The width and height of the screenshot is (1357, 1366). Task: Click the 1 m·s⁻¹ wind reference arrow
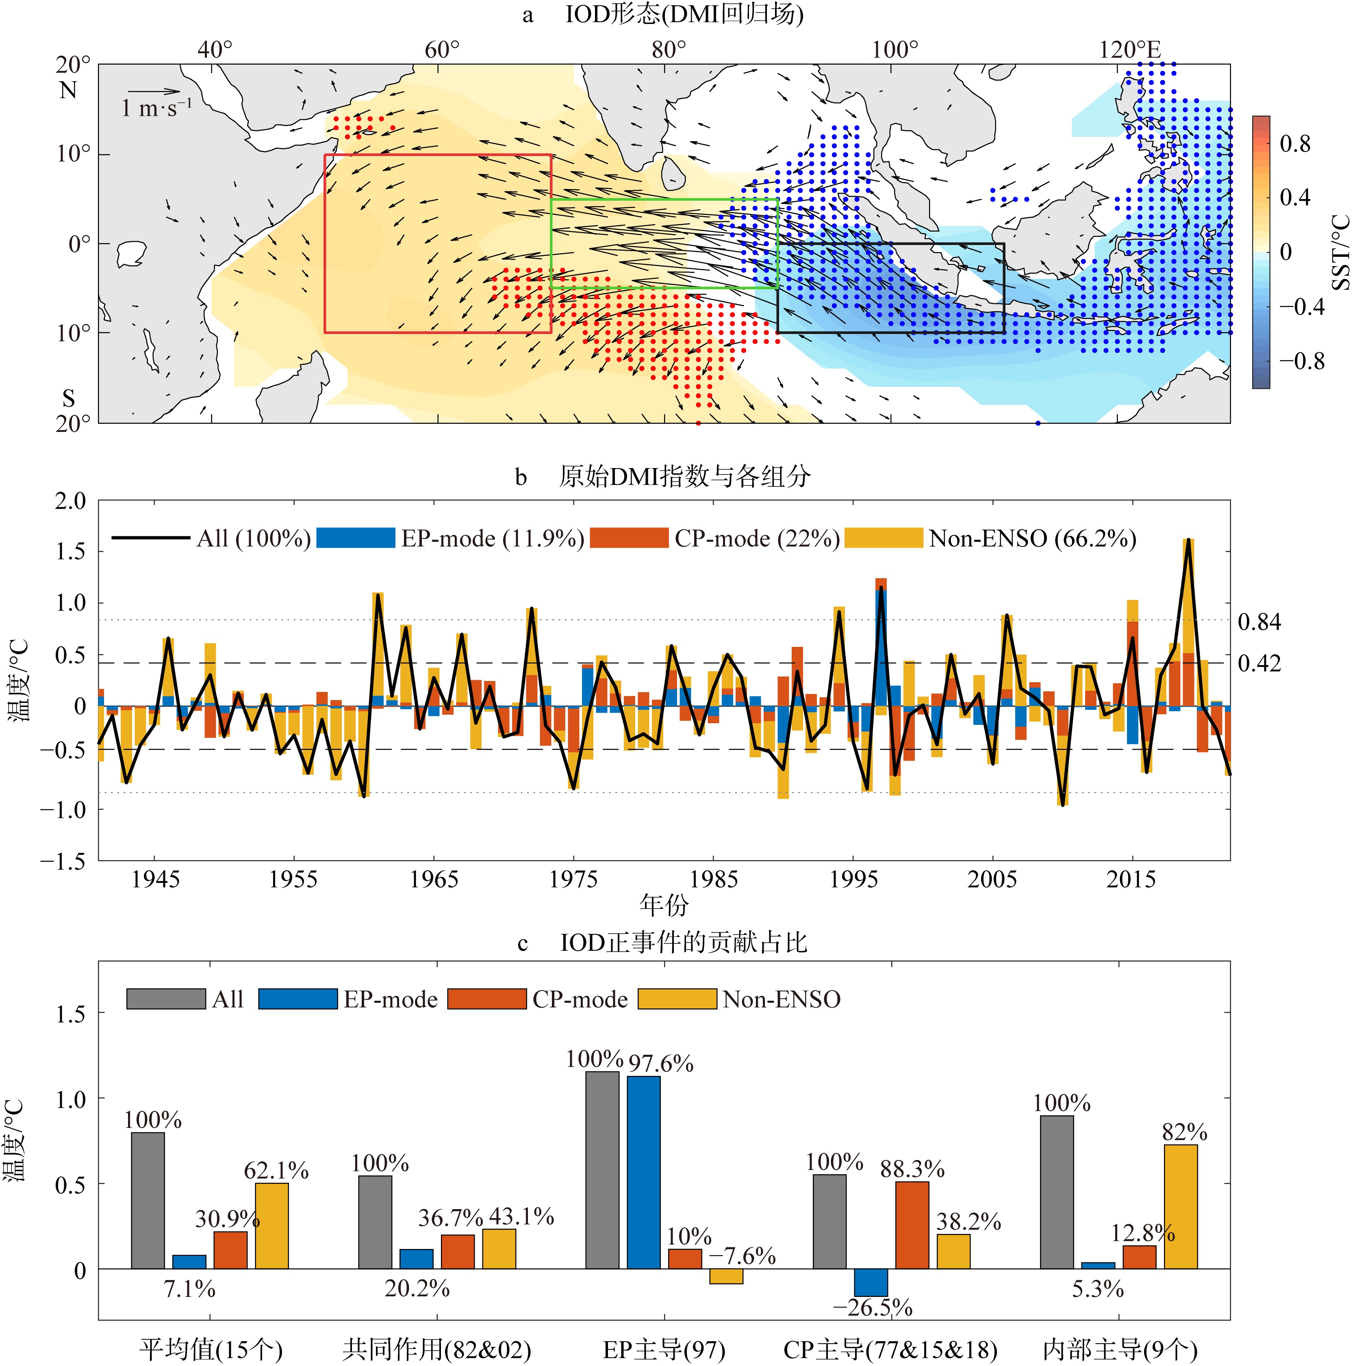point(154,91)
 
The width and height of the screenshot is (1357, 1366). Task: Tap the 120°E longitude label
point(1129,50)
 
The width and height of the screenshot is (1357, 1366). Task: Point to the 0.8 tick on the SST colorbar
point(1295,144)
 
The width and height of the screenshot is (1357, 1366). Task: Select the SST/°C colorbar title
point(1340,252)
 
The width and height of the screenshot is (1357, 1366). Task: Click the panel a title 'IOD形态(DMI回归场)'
point(684,14)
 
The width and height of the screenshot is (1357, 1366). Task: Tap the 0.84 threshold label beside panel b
point(1259,622)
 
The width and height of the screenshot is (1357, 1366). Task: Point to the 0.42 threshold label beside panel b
point(1259,663)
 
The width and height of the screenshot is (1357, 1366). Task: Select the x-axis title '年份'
point(663,904)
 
